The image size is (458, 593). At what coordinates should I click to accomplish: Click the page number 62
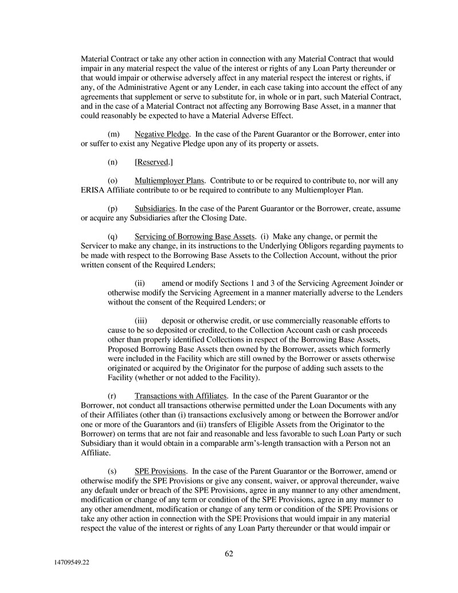229,553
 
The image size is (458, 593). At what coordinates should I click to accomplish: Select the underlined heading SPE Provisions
160,471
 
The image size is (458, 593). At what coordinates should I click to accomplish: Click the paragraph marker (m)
113,134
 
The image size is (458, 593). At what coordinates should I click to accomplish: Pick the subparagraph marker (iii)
141,321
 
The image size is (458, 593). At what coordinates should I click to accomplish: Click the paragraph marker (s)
113,471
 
